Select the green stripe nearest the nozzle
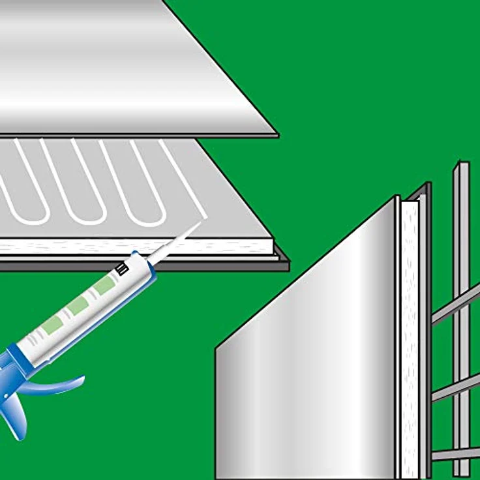pyautogui.click(x=104, y=285)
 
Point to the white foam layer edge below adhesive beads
pyautogui.click(x=130, y=247)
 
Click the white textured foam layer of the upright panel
pyautogui.click(x=410, y=339)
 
